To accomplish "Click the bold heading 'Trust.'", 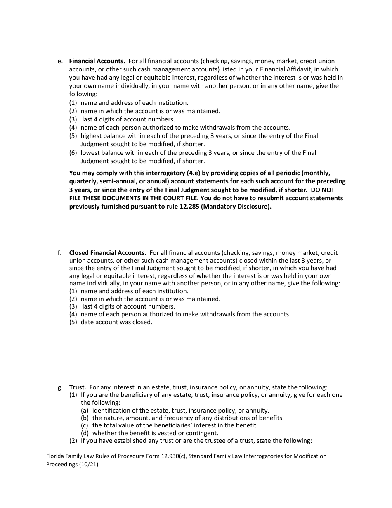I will pos(78,387).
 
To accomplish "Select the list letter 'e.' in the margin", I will pos(60,61).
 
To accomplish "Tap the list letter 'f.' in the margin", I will pos(60,252).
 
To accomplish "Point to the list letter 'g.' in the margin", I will pos(60,387).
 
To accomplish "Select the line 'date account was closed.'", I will pos(116,322).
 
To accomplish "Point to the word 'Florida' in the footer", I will pos(56,456).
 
